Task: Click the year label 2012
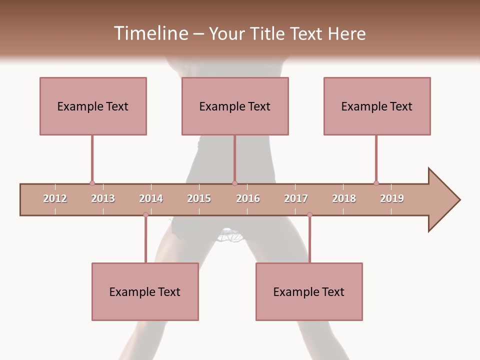pyautogui.click(x=55, y=198)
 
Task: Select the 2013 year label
pyautogui.click(x=103, y=198)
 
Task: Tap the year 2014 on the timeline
pyautogui.click(x=151, y=198)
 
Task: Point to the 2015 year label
pyautogui.click(x=199, y=198)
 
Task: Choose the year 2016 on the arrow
pyautogui.click(x=248, y=198)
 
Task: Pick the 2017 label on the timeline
pyautogui.click(x=296, y=198)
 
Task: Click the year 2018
pyautogui.click(x=344, y=198)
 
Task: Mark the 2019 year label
pyautogui.click(x=392, y=198)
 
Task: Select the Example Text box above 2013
pyautogui.click(x=93, y=106)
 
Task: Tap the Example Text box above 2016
pyautogui.click(x=235, y=106)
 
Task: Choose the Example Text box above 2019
pyautogui.click(x=377, y=106)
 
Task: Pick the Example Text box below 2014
pyautogui.click(x=145, y=291)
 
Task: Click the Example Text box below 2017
pyautogui.click(x=309, y=291)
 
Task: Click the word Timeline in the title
pyautogui.click(x=150, y=33)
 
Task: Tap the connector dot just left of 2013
pyautogui.click(x=92, y=183)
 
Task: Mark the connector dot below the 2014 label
pyautogui.click(x=145, y=215)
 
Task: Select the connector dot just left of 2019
pyautogui.click(x=376, y=183)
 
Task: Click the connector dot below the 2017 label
pyautogui.click(x=309, y=215)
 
